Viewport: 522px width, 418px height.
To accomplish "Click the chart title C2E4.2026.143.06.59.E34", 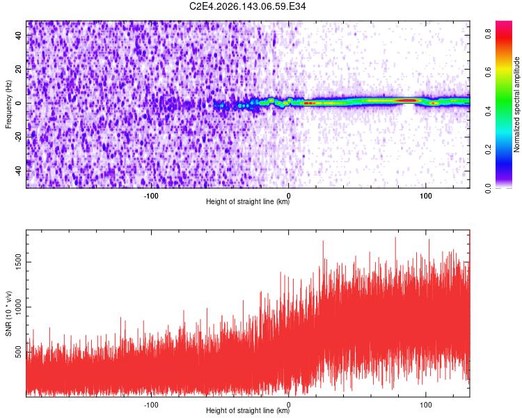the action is coord(247,6).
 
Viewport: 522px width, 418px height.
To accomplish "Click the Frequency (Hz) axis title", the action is coord(8,104).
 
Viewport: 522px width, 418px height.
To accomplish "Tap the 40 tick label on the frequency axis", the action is coord(19,36).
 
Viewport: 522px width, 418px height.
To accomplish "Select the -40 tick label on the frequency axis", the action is coord(19,171).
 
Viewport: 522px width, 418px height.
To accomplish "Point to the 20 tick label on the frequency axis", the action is coord(19,70).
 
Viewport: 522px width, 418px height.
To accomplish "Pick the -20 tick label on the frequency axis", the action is coord(19,138).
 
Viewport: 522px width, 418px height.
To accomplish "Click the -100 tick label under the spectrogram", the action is coord(151,196).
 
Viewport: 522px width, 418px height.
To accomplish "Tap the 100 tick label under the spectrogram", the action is coord(426,196).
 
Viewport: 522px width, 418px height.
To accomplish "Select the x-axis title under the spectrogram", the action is coord(248,201).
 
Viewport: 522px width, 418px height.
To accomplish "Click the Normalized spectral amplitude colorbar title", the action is coord(516,104).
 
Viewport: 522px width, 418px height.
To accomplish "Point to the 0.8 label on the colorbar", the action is coord(489,34).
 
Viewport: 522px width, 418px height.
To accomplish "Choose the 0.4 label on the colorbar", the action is coord(489,111).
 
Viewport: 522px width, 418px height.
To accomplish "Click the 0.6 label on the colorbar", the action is coord(489,72).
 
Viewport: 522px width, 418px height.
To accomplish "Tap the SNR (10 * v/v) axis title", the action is coord(8,313).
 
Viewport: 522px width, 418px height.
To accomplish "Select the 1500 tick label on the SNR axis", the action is coord(19,262).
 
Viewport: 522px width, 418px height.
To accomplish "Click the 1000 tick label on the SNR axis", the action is coord(19,307).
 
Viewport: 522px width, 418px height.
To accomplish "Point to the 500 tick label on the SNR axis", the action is coord(19,352).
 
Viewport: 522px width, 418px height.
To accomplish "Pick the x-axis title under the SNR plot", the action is coord(248,410).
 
